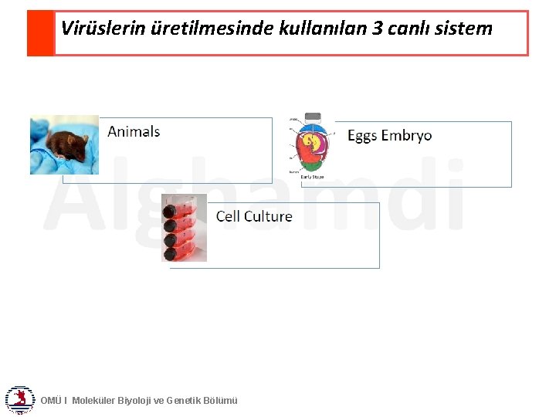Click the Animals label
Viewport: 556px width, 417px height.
tap(134, 131)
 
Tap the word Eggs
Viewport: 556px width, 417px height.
tap(362, 136)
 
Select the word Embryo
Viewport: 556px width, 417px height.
tap(406, 136)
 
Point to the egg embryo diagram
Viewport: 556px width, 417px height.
tap(313, 146)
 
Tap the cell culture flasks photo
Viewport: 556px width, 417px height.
tap(184, 228)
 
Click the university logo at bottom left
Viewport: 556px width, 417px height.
tap(19, 399)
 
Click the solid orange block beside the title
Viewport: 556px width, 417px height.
tap(41, 33)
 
